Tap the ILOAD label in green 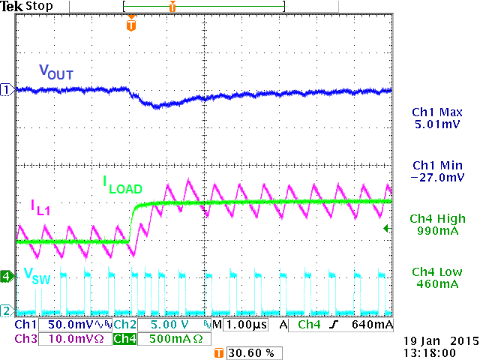coord(122,184)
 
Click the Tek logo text coord(12,7)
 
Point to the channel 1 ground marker coord(7,89)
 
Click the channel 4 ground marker coord(7,276)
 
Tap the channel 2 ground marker coord(7,310)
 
